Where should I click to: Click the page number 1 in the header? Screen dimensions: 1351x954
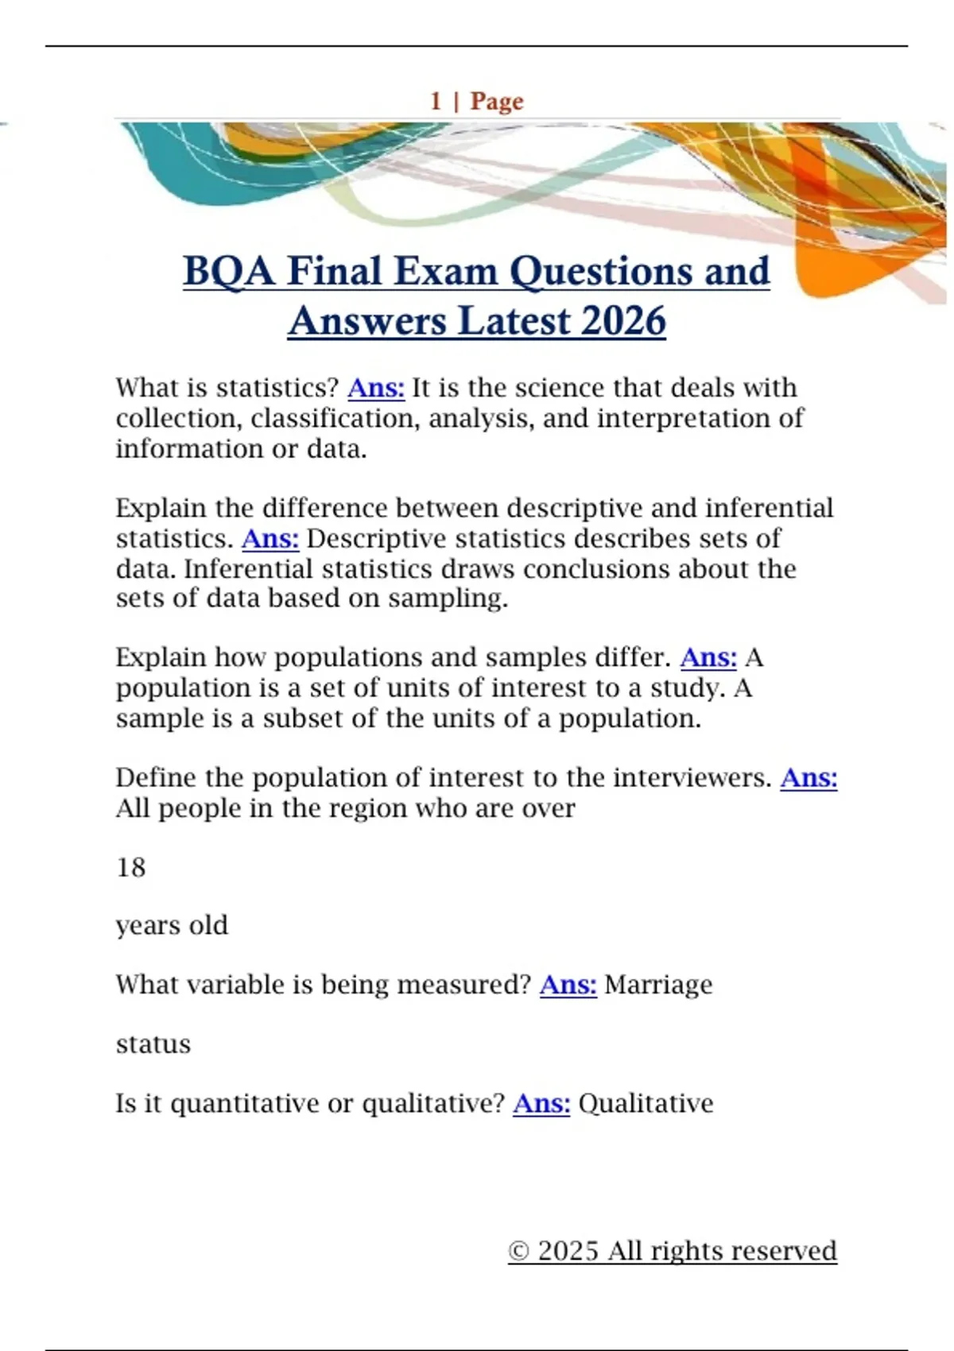point(436,101)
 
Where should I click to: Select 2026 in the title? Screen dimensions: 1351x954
point(623,322)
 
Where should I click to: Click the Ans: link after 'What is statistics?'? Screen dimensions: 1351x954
point(376,388)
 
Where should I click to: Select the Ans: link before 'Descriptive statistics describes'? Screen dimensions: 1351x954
point(270,539)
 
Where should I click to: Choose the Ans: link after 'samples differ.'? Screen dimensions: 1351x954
point(708,658)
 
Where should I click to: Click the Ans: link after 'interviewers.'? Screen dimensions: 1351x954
point(809,778)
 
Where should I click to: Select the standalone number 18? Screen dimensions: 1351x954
point(131,867)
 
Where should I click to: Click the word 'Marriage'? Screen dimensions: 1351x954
point(658,985)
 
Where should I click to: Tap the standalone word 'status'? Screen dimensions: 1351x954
point(153,1044)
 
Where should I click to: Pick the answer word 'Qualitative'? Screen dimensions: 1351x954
point(646,1104)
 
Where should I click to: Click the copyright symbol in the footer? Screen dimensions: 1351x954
point(518,1252)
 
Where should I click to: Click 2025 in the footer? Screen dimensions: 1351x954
point(568,1252)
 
